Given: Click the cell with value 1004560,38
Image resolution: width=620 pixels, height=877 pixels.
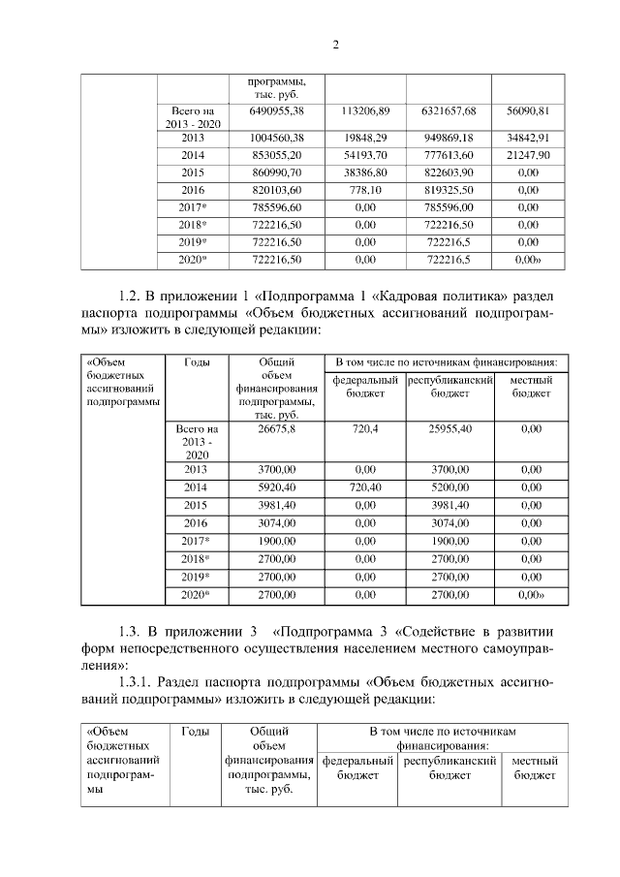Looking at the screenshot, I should (x=276, y=137).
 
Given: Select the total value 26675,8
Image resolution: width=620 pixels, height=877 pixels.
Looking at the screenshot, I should (x=276, y=427).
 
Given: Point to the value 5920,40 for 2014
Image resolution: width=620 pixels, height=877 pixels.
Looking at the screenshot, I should (x=276, y=486).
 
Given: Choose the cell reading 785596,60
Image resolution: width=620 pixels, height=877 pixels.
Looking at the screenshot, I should (x=276, y=207).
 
